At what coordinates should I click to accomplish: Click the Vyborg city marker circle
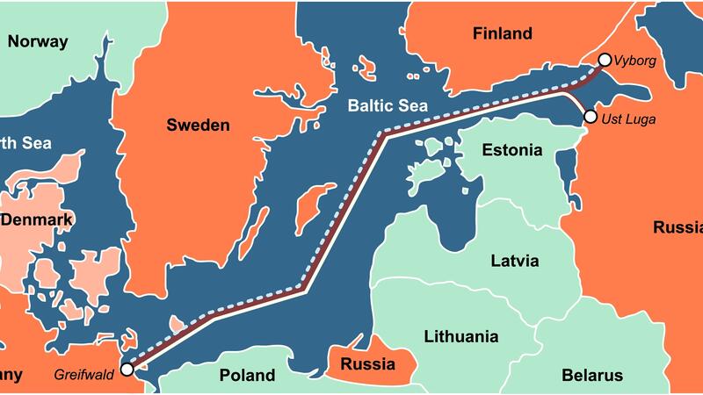click(x=604, y=61)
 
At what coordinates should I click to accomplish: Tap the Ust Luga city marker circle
click(x=590, y=117)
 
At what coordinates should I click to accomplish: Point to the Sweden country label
click(x=198, y=125)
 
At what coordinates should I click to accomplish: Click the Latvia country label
click(x=514, y=261)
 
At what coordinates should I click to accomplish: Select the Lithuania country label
click(x=460, y=336)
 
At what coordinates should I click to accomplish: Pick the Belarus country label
click(x=591, y=376)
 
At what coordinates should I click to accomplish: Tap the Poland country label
click(x=247, y=376)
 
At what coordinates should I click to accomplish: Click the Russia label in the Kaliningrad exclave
click(x=366, y=363)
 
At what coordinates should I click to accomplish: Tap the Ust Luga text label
click(x=629, y=118)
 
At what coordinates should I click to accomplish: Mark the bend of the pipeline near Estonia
click(x=384, y=134)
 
